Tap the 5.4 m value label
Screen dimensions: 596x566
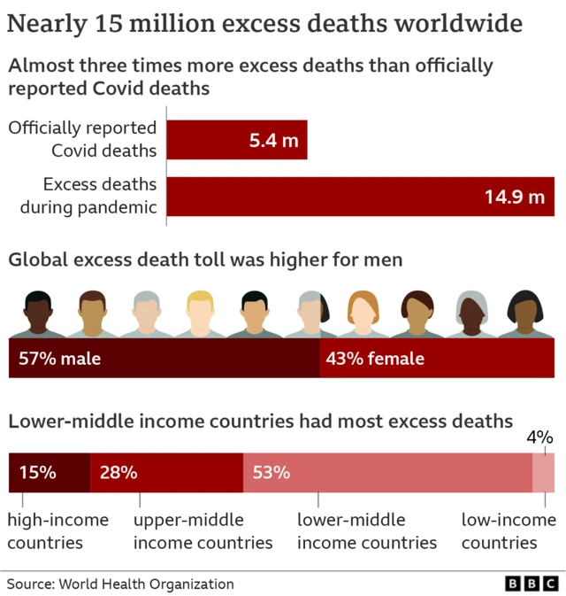coord(274,141)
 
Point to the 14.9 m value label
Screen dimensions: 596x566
coord(514,197)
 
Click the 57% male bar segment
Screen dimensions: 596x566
coord(164,359)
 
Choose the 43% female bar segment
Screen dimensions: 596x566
coord(437,359)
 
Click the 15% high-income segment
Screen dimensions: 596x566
coord(49,472)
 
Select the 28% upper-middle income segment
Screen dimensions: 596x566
coord(166,472)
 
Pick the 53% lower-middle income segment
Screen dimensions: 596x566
coord(387,472)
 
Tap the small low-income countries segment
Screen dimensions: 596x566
coord(543,472)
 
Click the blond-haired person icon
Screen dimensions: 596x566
coord(201,315)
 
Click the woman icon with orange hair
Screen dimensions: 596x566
coord(363,315)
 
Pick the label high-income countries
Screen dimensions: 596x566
coord(58,530)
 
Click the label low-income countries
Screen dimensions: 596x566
coord(509,530)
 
